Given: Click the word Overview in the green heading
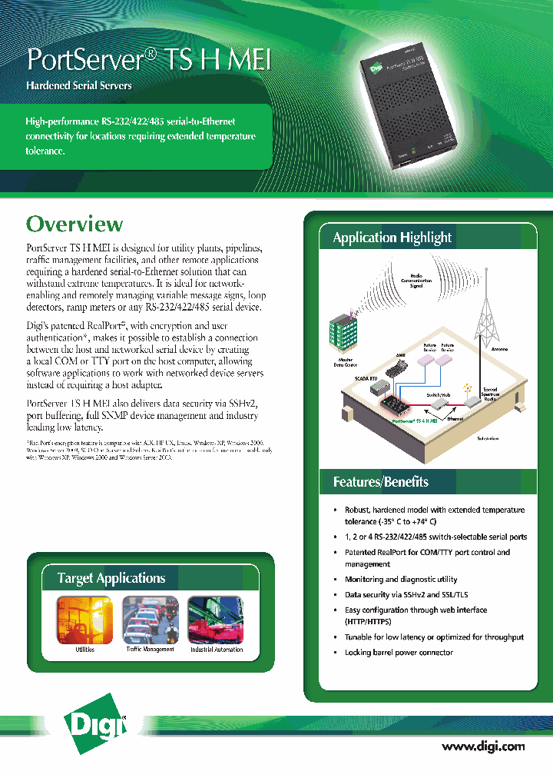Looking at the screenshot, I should point(75,224).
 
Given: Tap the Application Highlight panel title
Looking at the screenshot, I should point(392,238).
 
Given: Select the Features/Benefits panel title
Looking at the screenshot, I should point(380,482).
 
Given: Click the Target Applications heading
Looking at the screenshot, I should point(111,578).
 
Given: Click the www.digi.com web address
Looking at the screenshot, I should point(483,746).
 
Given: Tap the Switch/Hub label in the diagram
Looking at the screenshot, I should point(439,393).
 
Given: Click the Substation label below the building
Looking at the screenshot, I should point(487,438).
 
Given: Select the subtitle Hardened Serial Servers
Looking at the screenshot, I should point(79,85).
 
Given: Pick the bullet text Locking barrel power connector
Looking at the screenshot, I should point(399,652).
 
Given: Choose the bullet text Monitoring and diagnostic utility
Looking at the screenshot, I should point(400,579).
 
